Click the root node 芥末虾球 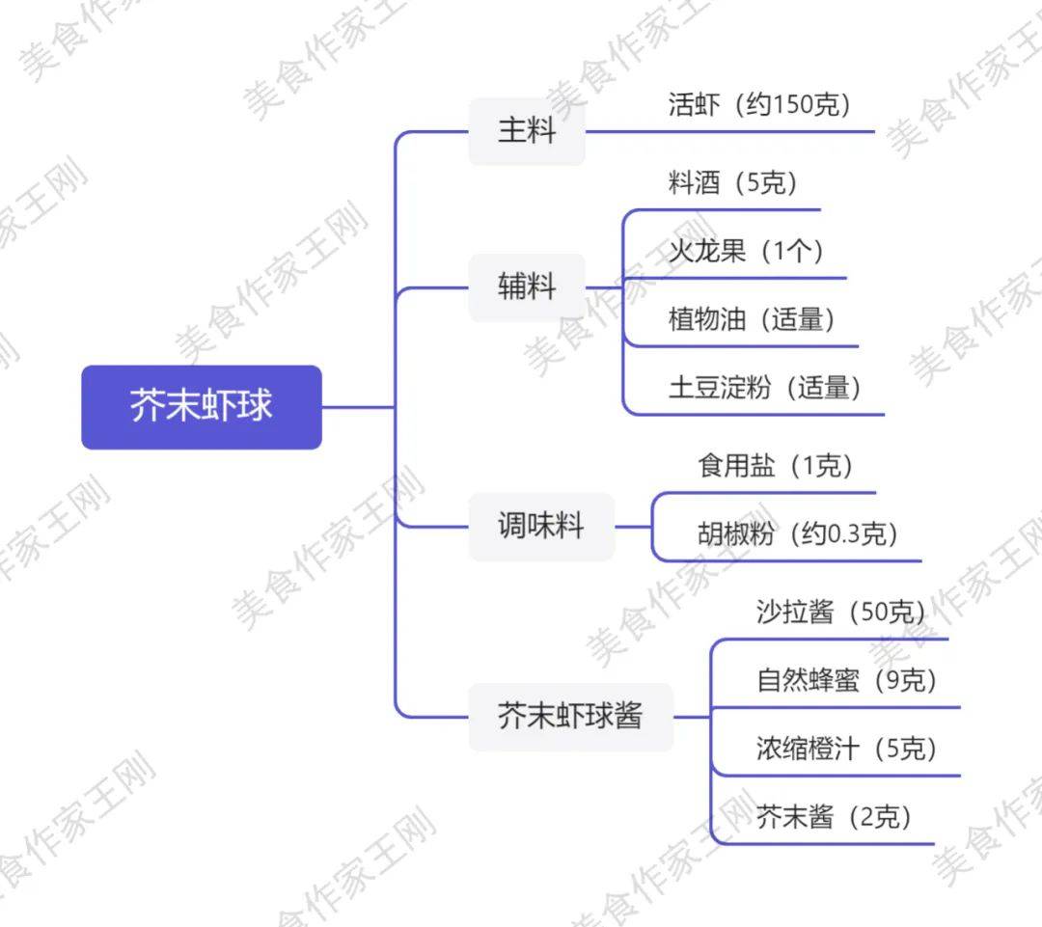[x=202, y=407]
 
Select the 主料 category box [x=527, y=131]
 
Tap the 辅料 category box [x=527, y=287]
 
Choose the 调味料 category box [x=541, y=527]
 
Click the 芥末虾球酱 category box [x=571, y=717]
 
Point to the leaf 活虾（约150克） [x=759, y=104]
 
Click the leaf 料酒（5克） [x=732, y=182]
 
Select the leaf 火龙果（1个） [x=746, y=251]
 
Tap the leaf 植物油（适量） [x=752, y=319]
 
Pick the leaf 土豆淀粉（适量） [x=765, y=388]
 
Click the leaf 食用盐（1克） [x=775, y=466]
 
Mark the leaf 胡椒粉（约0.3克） [x=798, y=533]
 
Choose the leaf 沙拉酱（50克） [x=840, y=612]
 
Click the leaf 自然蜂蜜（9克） [x=847, y=680]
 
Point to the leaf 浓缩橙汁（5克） [x=847, y=749]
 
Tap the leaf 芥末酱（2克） [x=834, y=817]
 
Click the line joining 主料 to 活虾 [x=729, y=131]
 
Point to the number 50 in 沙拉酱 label [x=874, y=612]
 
